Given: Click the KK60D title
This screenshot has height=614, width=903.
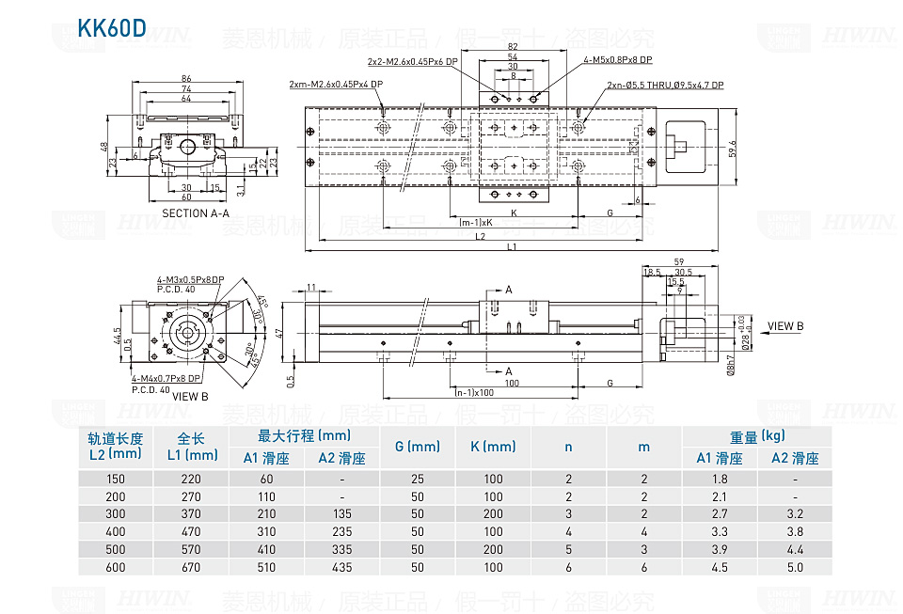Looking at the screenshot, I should tap(112, 27).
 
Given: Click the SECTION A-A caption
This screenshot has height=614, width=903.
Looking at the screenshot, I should tap(197, 213).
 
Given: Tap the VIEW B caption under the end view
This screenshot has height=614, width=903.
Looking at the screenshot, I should tap(191, 397).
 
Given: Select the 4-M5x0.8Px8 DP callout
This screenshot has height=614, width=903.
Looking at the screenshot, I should tap(617, 59).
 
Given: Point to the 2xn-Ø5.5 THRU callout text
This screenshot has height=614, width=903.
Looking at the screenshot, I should tap(665, 86).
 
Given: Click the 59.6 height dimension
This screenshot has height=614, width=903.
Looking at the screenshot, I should tap(731, 148).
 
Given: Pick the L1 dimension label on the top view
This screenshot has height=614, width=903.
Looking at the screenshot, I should tap(512, 247).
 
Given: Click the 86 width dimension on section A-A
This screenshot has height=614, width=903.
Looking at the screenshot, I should tap(186, 79).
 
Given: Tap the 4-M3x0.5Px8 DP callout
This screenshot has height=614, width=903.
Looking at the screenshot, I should tap(190, 280).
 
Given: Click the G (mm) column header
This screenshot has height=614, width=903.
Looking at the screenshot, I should tap(418, 447).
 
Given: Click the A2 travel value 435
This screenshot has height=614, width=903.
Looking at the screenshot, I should tap(341, 567).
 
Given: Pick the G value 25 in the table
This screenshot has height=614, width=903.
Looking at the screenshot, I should tap(418, 479).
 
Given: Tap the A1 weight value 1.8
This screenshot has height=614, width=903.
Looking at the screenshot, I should tap(720, 479).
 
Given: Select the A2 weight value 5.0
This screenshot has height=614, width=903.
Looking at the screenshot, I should tap(795, 567).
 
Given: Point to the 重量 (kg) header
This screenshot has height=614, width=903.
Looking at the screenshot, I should tap(757, 436).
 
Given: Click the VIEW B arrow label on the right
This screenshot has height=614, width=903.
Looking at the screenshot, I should tap(785, 326).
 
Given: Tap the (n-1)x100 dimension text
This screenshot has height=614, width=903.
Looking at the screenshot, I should tap(475, 392).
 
